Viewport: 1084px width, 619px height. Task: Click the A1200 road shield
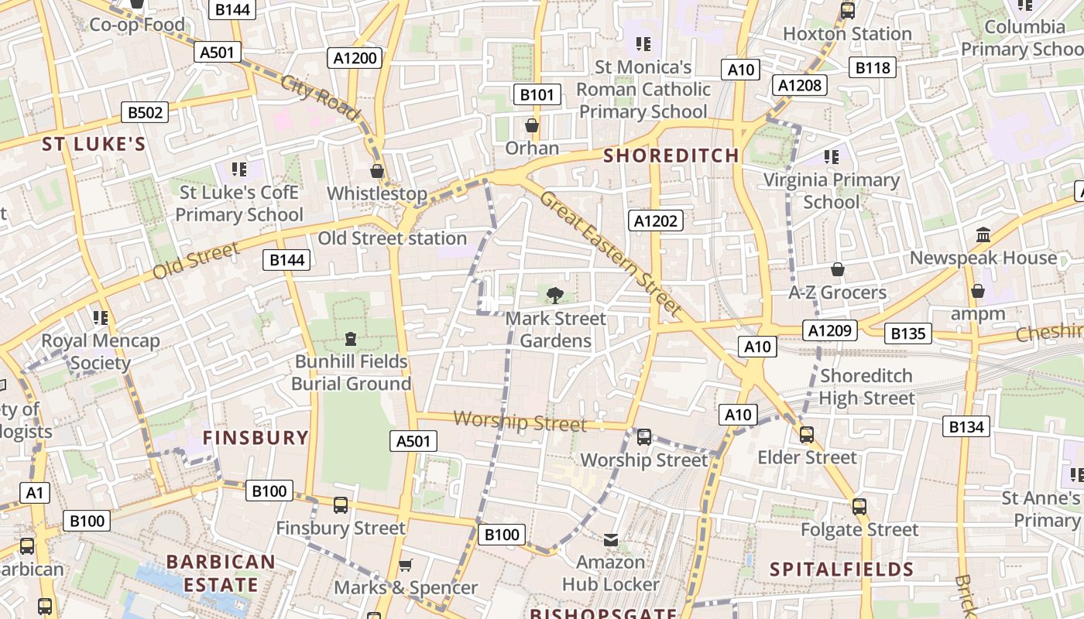(x=355, y=57)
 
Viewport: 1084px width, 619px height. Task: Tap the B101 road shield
(x=537, y=94)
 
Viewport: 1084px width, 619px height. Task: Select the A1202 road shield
(x=655, y=221)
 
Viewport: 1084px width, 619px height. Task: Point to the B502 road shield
(x=145, y=112)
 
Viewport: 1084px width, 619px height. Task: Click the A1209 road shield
(x=830, y=330)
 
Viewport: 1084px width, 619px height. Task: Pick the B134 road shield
(x=966, y=426)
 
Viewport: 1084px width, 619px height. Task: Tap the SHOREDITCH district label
(x=671, y=156)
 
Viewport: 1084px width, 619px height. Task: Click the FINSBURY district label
(x=256, y=438)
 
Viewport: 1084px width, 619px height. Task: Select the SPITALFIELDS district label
(x=842, y=570)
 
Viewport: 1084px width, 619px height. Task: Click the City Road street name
(x=321, y=97)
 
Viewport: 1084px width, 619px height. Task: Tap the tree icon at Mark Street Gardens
(x=554, y=295)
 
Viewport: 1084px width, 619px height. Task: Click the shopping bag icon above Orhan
(x=532, y=125)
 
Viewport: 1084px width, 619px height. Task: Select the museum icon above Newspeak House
(x=983, y=234)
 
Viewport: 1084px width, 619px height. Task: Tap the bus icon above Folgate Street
(x=859, y=507)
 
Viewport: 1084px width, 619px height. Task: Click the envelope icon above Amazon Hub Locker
(x=611, y=539)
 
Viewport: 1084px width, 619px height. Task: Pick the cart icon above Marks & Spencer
(x=405, y=565)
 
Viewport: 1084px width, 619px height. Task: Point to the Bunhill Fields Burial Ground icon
(x=351, y=339)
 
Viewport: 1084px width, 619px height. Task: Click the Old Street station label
(x=392, y=238)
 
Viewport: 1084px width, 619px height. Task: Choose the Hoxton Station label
(x=847, y=34)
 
